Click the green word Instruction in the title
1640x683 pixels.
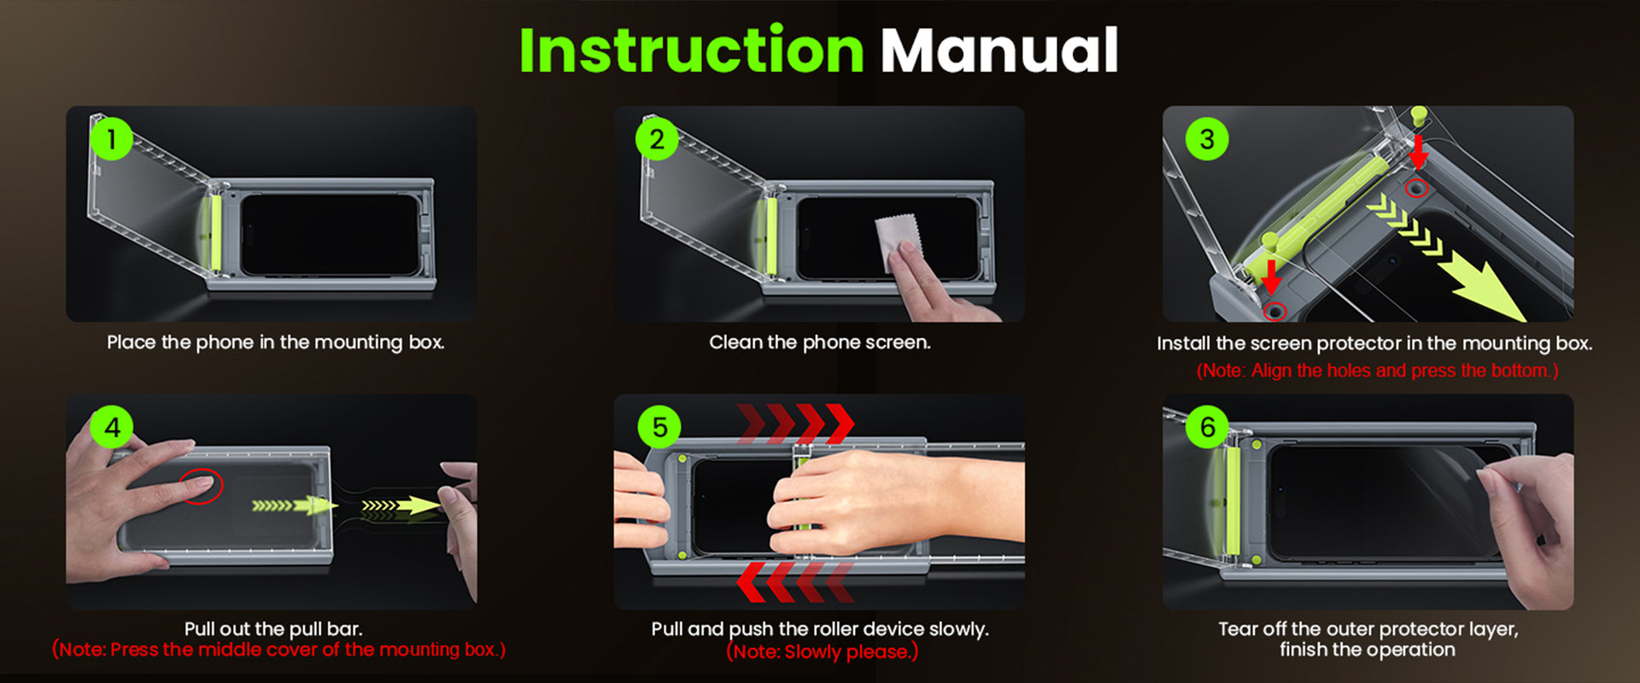[692, 50]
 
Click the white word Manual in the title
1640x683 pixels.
[999, 50]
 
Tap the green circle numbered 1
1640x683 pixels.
[111, 139]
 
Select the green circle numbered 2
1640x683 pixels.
[657, 139]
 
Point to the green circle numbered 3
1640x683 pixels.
[1207, 139]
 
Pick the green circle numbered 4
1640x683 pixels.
[112, 427]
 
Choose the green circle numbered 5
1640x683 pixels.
[659, 427]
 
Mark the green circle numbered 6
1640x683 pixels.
[1207, 427]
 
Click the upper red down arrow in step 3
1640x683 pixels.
[1418, 152]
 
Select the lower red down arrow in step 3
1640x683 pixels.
[1271, 276]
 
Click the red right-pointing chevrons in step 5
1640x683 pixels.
[796, 423]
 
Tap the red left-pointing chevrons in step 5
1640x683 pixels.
[796, 582]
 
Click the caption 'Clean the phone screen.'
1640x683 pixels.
[820, 342]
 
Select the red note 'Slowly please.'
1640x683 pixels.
[823, 652]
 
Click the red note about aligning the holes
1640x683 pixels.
[1377, 371]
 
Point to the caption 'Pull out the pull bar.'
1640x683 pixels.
[273, 629]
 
